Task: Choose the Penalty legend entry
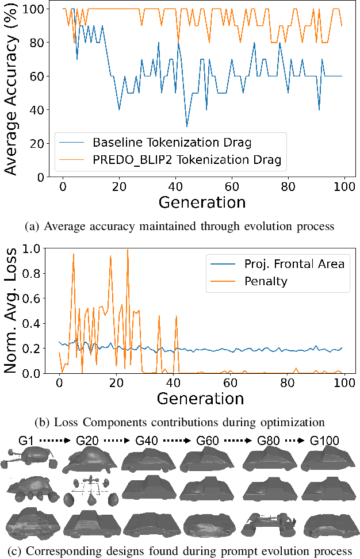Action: click(x=266, y=282)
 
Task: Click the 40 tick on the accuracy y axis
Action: click(x=40, y=110)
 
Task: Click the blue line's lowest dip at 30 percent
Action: click(x=187, y=127)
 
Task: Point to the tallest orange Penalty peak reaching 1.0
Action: click(x=127, y=250)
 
